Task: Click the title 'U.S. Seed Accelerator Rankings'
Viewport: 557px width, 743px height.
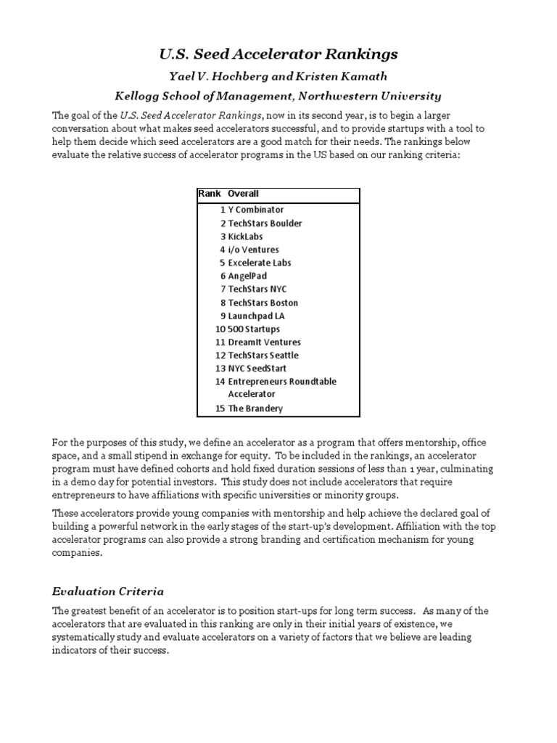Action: click(x=278, y=54)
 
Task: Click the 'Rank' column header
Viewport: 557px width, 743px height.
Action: click(x=209, y=194)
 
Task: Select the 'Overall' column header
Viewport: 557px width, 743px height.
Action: click(x=243, y=194)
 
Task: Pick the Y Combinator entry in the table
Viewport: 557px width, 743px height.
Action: click(x=255, y=210)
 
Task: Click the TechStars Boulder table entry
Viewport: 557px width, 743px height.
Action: click(x=265, y=223)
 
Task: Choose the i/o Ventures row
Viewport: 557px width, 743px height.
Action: click(x=254, y=250)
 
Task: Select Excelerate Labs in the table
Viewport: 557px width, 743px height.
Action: click(x=259, y=263)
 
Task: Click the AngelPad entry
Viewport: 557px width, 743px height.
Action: click(x=247, y=276)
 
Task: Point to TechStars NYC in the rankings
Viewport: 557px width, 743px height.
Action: click(x=257, y=290)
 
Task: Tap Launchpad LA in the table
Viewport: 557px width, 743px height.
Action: click(x=256, y=316)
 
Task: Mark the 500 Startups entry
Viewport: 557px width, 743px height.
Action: click(x=253, y=329)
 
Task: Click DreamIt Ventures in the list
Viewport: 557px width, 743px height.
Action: click(x=264, y=342)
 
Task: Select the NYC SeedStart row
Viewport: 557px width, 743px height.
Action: click(x=257, y=369)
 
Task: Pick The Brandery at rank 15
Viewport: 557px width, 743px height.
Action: click(x=255, y=409)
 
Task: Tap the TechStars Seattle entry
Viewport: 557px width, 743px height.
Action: click(x=263, y=356)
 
